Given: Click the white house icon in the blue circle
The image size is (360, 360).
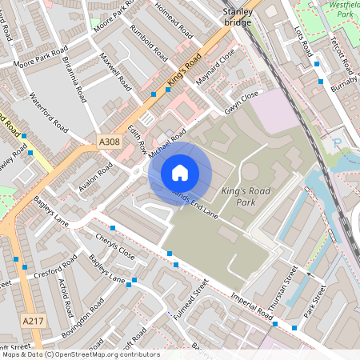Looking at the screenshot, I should pos(180,172).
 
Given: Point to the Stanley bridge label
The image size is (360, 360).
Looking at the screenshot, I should pos(237,18).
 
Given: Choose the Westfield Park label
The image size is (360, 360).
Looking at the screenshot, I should pos(342,10).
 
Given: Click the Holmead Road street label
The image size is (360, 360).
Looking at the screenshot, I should pos(175,22).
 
